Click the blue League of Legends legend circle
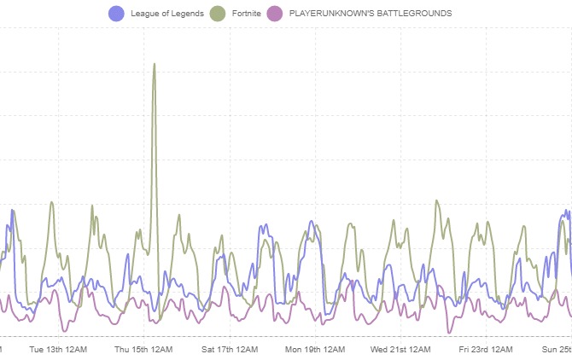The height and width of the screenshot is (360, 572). click(x=116, y=14)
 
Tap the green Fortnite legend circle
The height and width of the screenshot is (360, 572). click(x=218, y=14)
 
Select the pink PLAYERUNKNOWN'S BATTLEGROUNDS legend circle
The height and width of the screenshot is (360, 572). click(x=275, y=14)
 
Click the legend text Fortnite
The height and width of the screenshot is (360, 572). click(x=246, y=14)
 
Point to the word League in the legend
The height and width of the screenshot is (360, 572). click(x=143, y=14)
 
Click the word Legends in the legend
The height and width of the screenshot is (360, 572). click(x=187, y=14)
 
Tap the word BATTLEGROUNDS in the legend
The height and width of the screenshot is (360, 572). click(x=417, y=14)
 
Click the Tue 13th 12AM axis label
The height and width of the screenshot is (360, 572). click(x=58, y=349)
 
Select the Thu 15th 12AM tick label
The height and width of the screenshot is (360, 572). click(x=143, y=349)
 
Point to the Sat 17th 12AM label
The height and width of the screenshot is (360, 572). click(x=230, y=349)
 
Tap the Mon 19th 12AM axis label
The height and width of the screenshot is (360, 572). click(x=315, y=349)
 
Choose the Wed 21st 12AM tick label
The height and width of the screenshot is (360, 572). click(x=400, y=349)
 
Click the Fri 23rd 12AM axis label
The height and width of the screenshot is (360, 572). click(x=486, y=349)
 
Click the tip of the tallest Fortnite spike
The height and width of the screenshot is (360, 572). click(x=155, y=64)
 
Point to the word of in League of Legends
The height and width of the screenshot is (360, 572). click(x=163, y=14)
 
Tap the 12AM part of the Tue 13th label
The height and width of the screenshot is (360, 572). click(x=76, y=349)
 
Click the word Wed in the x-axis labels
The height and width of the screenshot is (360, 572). click(x=379, y=349)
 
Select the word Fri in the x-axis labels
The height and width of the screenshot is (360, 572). click(x=464, y=349)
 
